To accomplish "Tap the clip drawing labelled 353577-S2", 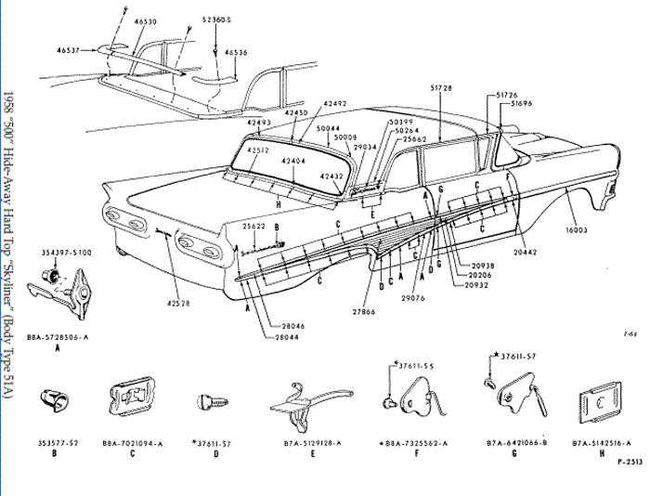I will click(x=51, y=403).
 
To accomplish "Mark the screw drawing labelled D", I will click(x=211, y=401).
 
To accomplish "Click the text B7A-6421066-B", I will click(x=515, y=445).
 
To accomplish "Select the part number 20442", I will click(x=525, y=250).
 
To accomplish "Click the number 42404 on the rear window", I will click(x=295, y=161).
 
